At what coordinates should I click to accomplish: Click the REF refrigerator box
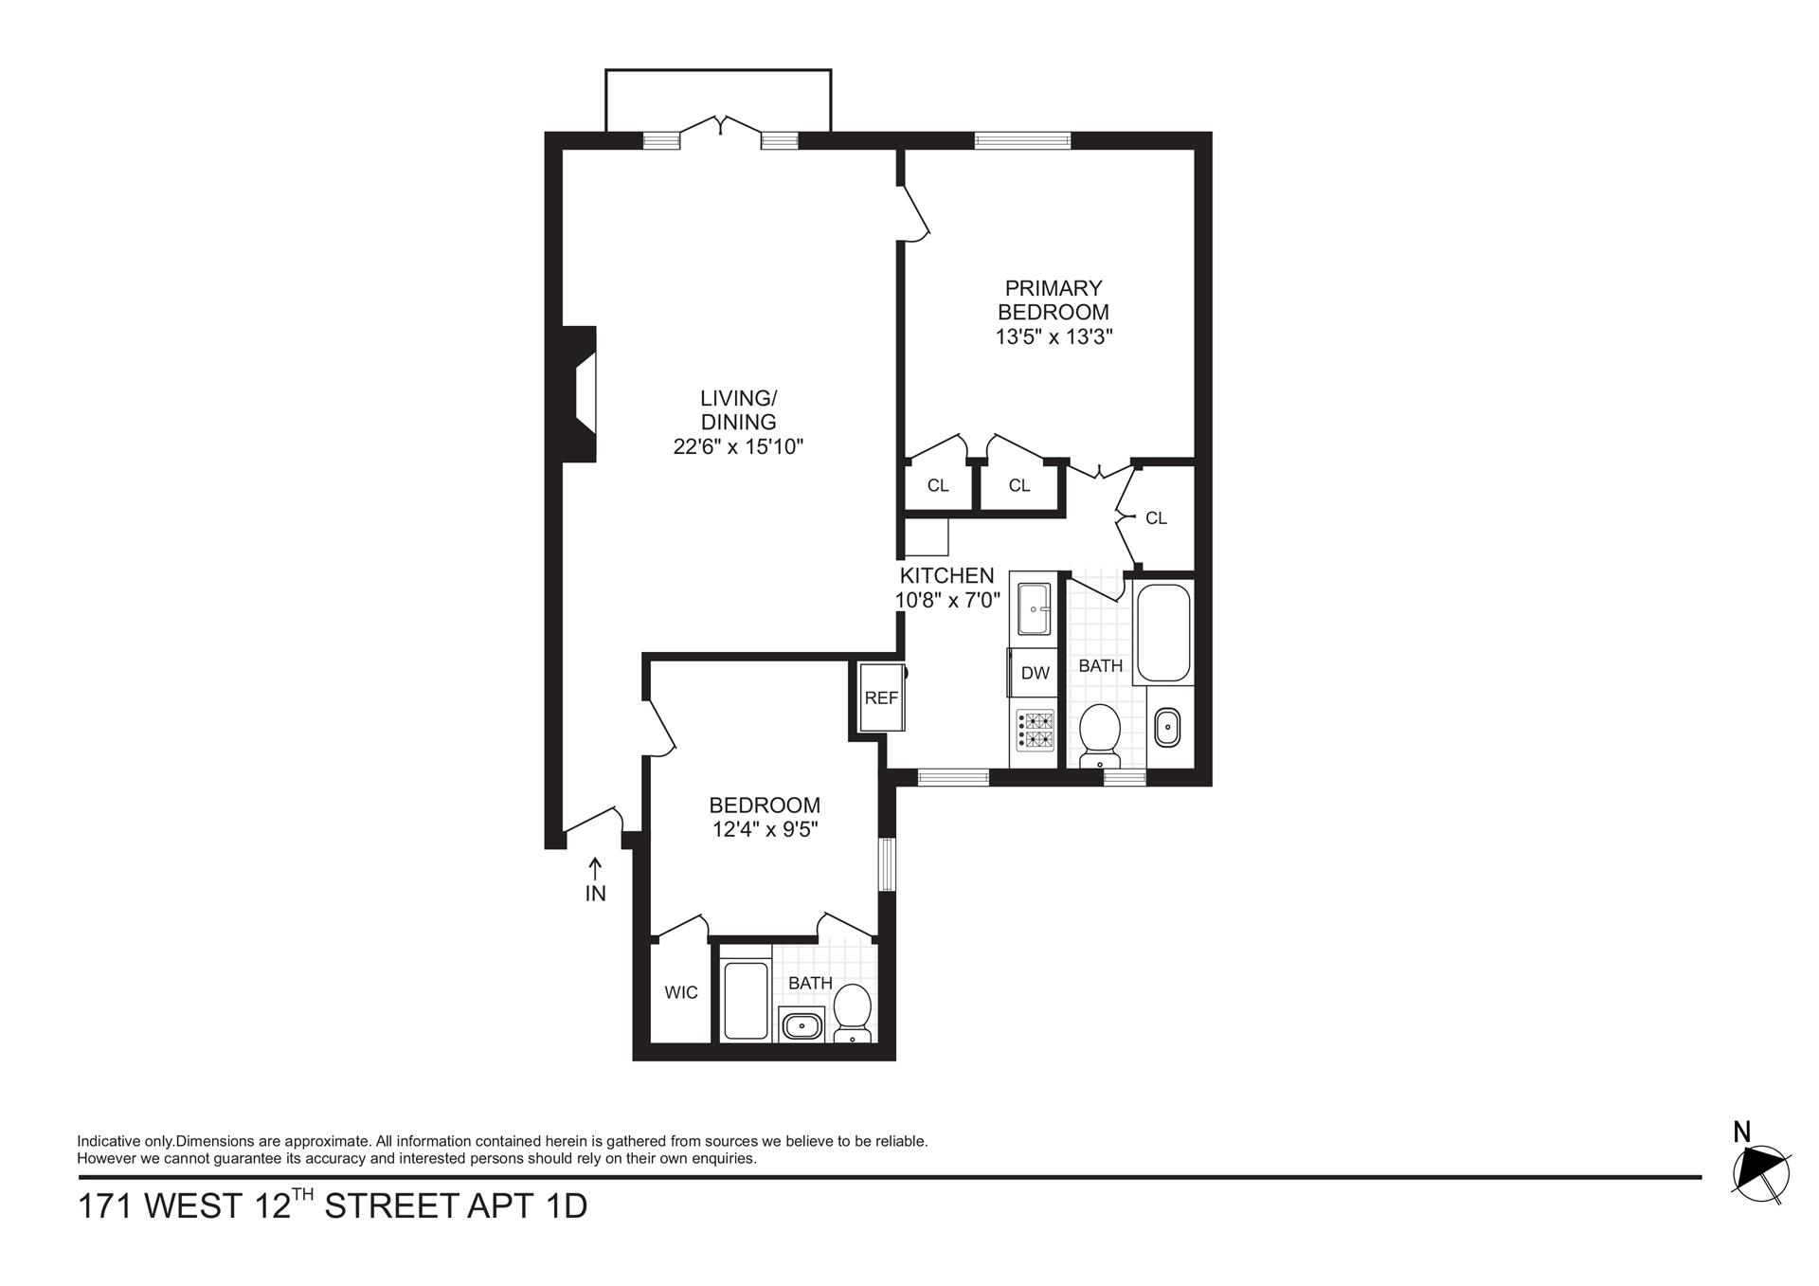pyautogui.click(x=881, y=697)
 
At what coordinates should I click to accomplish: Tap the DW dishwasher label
pyautogui.click(x=1035, y=673)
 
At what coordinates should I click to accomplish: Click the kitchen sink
pyautogui.click(x=1033, y=608)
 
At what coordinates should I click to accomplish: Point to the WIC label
pyautogui.click(x=680, y=992)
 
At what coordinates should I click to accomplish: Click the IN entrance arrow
pyautogui.click(x=595, y=867)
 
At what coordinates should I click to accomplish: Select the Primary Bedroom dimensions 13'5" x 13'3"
pyautogui.click(x=1053, y=336)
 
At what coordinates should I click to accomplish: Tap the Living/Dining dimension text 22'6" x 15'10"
pyautogui.click(x=738, y=446)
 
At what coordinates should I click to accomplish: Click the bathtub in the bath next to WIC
pyautogui.click(x=746, y=1000)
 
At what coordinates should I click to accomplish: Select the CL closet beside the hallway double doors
pyautogui.click(x=1156, y=518)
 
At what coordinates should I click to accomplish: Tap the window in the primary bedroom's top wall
pyautogui.click(x=1022, y=141)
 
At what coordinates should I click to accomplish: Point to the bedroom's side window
pyautogui.click(x=886, y=863)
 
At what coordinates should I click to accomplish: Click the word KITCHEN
pyautogui.click(x=946, y=575)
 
